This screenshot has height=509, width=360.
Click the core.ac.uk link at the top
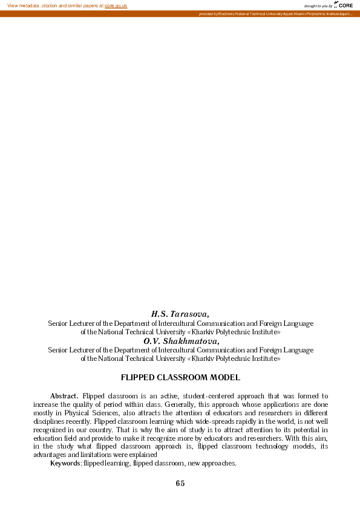point(116,5)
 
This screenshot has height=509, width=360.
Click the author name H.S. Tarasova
point(180,314)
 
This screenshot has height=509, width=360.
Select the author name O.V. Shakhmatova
point(181,341)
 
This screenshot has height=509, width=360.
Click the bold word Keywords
point(65,463)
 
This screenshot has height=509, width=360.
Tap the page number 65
point(180,483)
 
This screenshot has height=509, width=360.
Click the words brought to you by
point(318,6)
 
